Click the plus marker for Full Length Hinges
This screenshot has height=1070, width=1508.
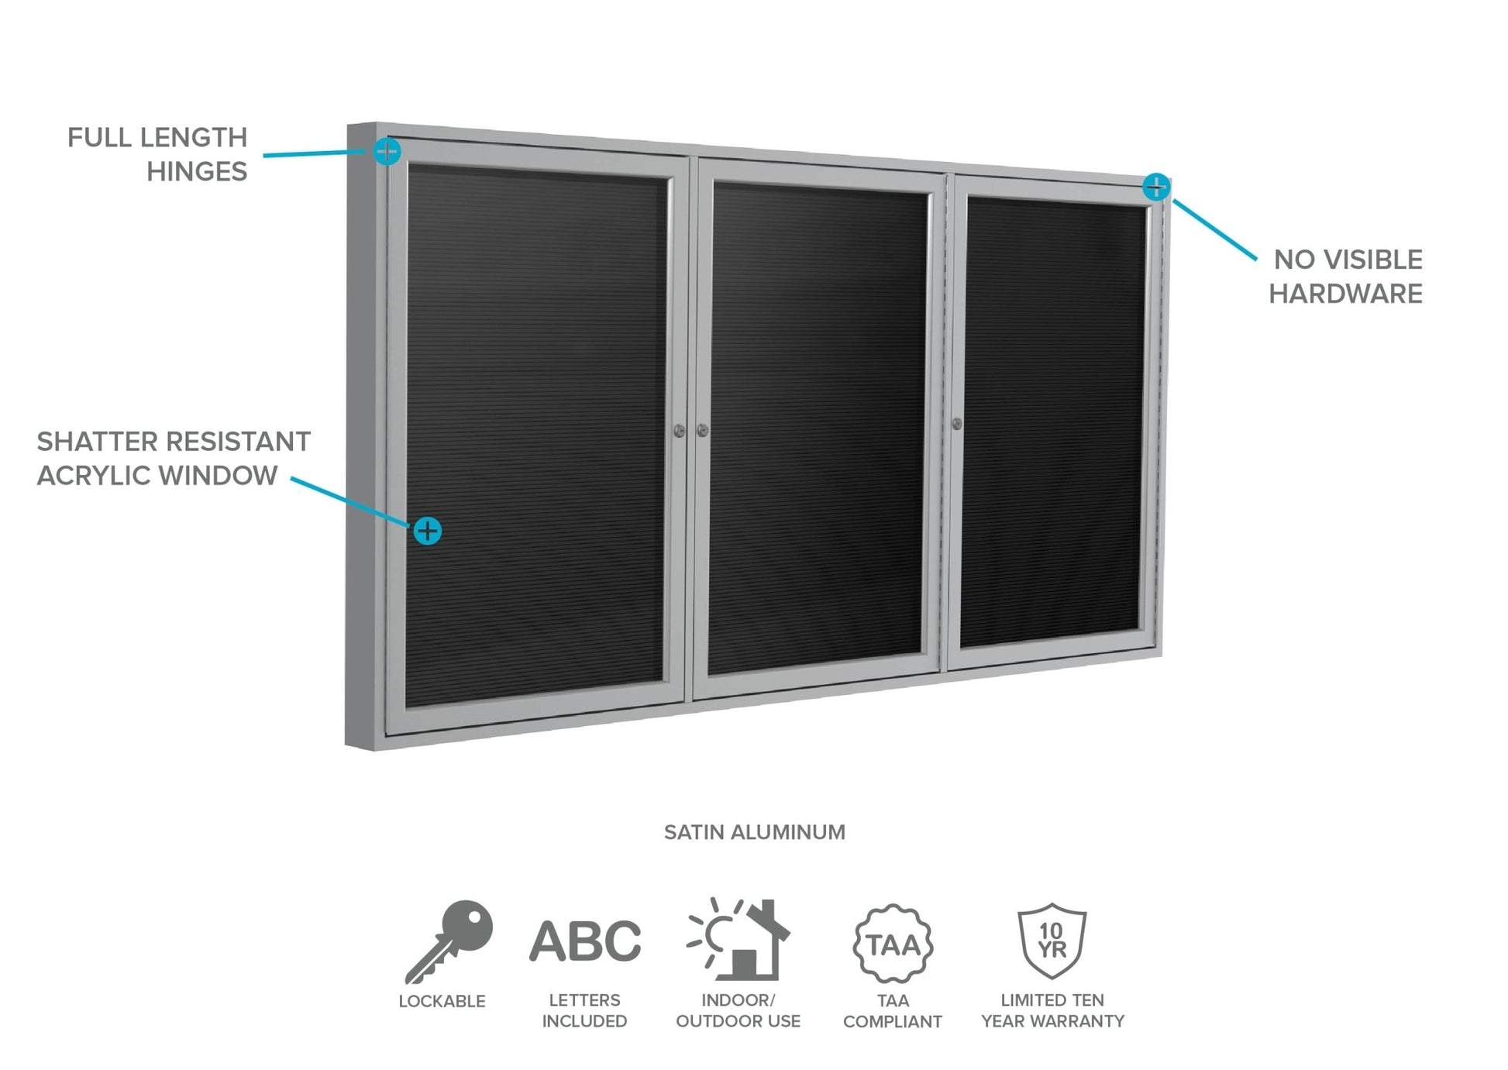(387, 151)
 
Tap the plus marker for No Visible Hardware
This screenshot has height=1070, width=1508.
(1155, 187)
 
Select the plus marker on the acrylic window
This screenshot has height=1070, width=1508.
(427, 531)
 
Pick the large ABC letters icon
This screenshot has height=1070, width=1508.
(585, 941)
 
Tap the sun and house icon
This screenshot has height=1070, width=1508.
(738, 939)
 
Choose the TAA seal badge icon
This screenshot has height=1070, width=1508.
(893, 944)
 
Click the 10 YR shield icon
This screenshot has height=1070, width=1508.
(1052, 941)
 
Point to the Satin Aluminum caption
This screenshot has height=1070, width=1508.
(754, 832)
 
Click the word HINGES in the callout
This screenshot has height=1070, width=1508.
(197, 172)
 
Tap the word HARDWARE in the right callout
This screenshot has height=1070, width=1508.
(1345, 294)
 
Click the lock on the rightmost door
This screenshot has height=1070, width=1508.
(957, 424)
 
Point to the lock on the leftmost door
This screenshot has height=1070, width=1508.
(679, 430)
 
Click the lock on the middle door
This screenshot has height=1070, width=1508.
(703, 430)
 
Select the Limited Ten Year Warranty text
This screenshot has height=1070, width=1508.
(1052, 1010)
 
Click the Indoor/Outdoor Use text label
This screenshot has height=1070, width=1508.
(738, 1010)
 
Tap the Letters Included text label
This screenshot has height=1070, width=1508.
(584, 1010)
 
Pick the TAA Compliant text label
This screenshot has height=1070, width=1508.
(893, 1010)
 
